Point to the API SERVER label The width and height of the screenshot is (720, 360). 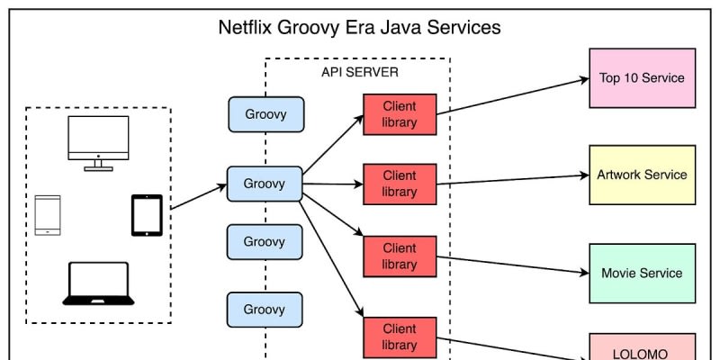360,71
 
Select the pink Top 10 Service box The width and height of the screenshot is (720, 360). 642,77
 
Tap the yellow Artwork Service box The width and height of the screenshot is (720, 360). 642,175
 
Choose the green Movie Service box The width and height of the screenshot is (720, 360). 642,273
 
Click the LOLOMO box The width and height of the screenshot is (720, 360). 642,348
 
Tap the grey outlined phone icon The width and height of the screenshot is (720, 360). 48,215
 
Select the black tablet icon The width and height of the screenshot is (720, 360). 147,215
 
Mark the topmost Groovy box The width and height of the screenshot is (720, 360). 265,114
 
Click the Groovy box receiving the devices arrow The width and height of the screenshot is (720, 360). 265,184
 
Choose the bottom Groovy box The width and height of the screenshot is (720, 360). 265,310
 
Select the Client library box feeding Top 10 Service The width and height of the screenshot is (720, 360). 400,114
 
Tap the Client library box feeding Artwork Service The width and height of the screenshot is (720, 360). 400,184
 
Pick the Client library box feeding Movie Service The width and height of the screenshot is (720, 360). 400,256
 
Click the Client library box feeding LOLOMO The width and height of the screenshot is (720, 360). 400,337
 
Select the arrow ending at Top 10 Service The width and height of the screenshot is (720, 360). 513,95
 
